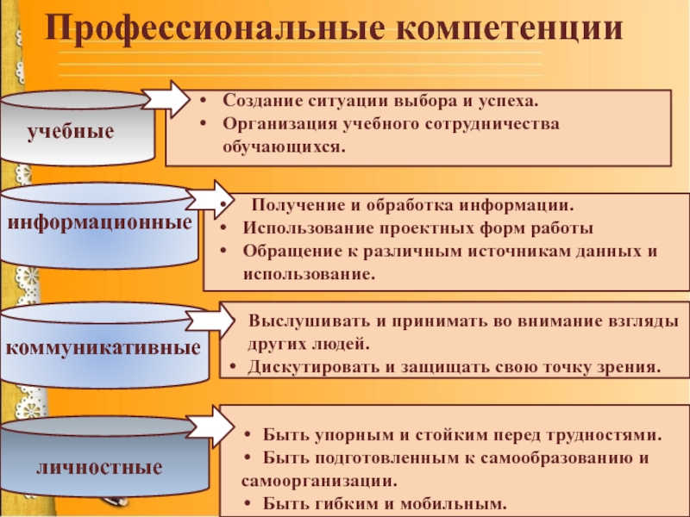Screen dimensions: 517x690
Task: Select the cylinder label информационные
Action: click(x=99, y=222)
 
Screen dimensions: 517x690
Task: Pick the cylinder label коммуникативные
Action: click(x=103, y=349)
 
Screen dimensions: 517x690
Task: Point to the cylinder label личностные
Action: click(x=99, y=468)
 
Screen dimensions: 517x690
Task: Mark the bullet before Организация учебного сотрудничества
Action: click(x=202, y=123)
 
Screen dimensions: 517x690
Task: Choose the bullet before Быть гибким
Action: click(x=248, y=504)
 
